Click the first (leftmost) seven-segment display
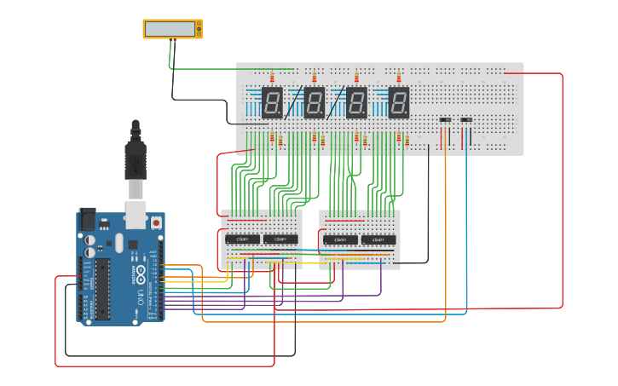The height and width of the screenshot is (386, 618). click(272, 102)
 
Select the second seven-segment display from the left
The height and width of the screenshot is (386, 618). click(315, 102)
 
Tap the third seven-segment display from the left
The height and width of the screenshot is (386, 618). click(356, 102)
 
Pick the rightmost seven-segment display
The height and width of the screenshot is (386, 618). click(398, 102)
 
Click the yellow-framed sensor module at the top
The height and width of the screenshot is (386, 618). click(172, 29)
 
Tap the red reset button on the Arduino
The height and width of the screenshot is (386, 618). click(157, 222)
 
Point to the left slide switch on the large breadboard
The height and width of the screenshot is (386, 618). click(445, 120)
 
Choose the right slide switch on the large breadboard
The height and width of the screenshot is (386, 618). click(466, 120)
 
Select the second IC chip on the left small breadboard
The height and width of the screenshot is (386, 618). click(281, 239)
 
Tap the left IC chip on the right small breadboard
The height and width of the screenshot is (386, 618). click(341, 240)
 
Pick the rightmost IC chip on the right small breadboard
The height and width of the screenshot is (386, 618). click(378, 240)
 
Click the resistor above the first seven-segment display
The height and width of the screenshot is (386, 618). click(272, 78)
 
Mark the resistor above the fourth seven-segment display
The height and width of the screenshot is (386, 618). click(398, 78)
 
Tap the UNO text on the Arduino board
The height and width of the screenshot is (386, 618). click(140, 296)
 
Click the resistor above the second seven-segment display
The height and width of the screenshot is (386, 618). click(315, 78)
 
